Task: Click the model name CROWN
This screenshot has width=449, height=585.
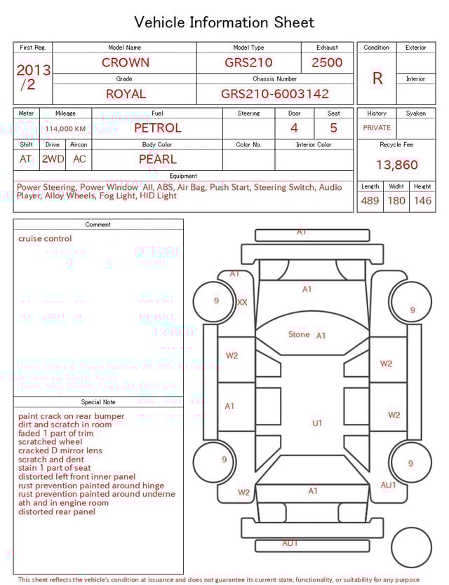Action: [125, 62]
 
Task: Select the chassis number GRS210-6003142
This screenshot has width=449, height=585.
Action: [275, 94]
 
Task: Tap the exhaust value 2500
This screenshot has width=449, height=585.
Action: [327, 62]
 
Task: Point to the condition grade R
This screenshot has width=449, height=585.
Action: [377, 78]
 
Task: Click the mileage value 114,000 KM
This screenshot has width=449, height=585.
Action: [65, 129]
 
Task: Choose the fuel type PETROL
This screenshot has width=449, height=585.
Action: [157, 128]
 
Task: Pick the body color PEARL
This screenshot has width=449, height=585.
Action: [157, 159]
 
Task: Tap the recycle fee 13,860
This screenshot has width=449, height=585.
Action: [396, 165]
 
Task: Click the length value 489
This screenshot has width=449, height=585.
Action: [370, 200]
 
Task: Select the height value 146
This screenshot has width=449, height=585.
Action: [422, 200]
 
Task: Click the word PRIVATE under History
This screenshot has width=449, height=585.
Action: [377, 128]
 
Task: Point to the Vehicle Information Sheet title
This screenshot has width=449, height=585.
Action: [224, 22]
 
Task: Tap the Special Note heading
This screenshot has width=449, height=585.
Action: [98, 402]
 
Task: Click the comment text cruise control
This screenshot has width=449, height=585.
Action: [45, 239]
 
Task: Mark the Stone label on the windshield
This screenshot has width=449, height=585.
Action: [299, 334]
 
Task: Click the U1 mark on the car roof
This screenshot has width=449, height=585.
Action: [317, 423]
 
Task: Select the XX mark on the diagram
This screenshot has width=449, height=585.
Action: [242, 303]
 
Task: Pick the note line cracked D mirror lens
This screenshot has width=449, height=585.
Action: [60, 450]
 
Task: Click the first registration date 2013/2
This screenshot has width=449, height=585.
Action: [33, 77]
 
